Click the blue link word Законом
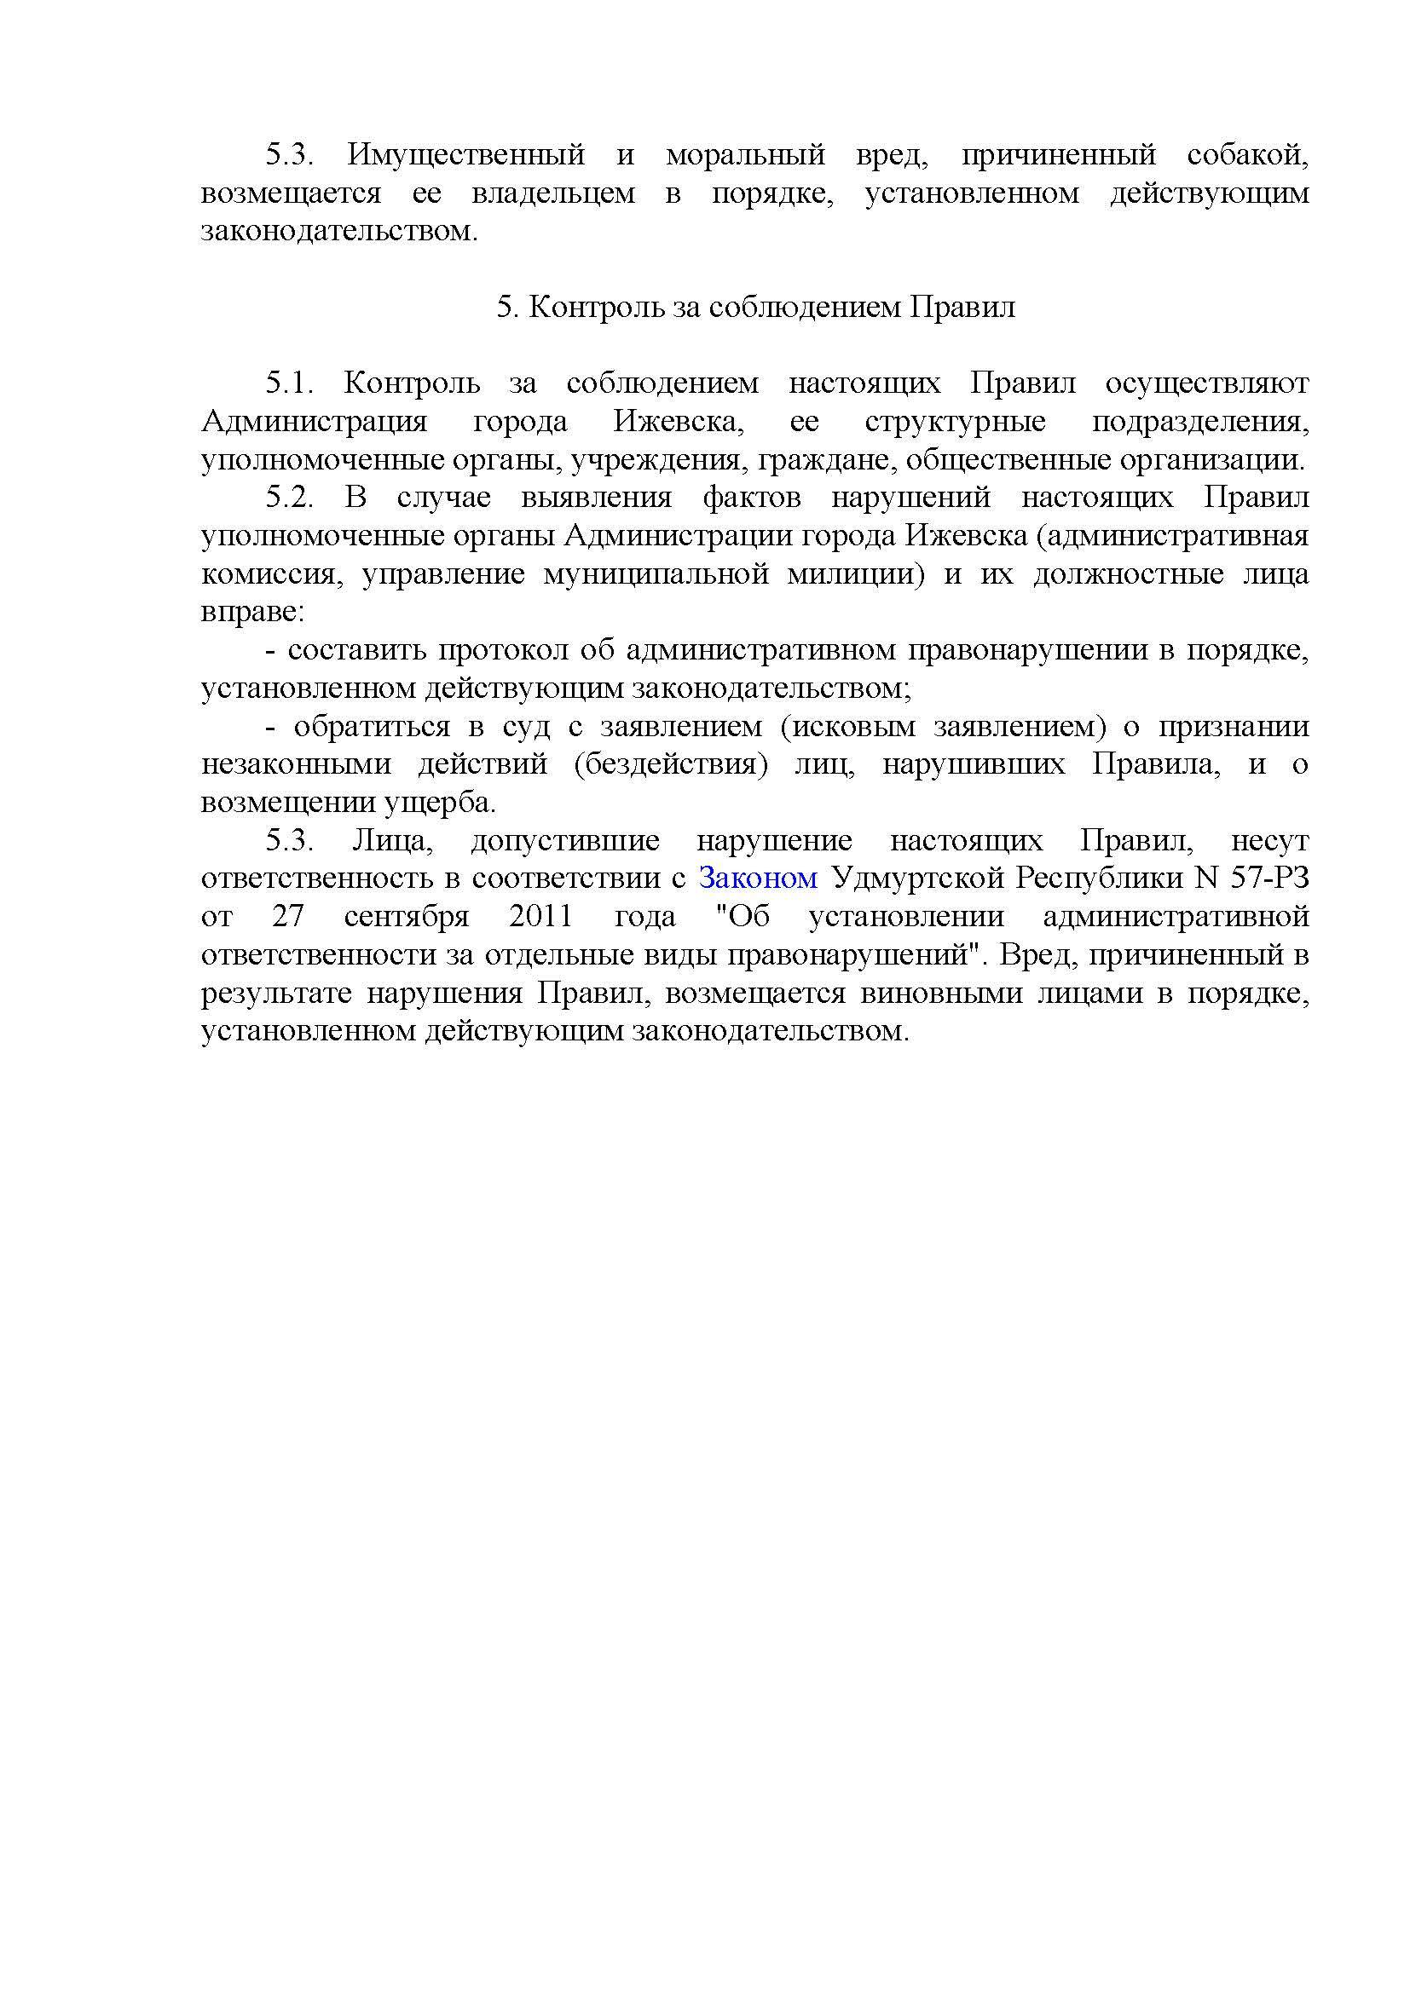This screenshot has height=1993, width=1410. (758, 878)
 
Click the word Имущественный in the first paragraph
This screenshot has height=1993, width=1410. (465, 155)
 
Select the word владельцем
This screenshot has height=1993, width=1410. (553, 193)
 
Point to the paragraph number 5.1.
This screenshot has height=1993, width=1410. (289, 383)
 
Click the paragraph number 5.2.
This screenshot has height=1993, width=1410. (289, 498)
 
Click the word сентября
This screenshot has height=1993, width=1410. (407, 917)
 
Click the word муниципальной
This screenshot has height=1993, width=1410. (656, 573)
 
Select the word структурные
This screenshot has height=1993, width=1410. (955, 421)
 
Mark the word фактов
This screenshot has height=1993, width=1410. (752, 498)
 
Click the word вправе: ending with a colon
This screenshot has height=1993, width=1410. (252, 612)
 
